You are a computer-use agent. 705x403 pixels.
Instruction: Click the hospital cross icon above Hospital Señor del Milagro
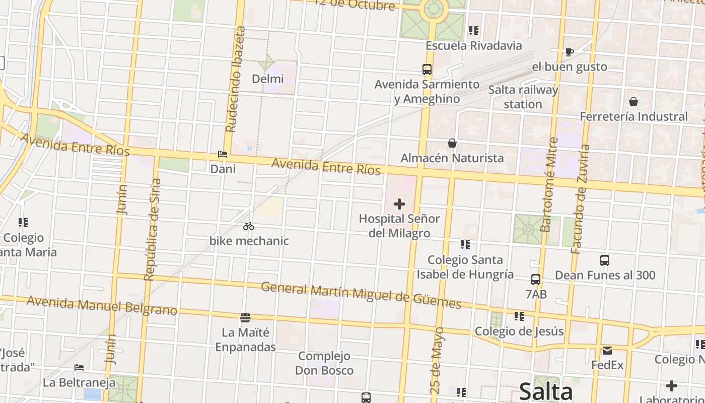(x=399, y=204)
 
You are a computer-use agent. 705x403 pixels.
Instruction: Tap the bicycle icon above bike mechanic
(x=249, y=226)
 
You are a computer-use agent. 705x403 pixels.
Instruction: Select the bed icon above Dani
(x=223, y=154)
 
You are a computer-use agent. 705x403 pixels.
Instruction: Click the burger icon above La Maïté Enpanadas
(x=245, y=317)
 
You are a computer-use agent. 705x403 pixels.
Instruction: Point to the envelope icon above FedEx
(x=607, y=350)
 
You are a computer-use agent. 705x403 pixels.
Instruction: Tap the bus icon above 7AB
(x=536, y=279)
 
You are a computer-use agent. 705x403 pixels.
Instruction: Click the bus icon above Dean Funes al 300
(x=605, y=260)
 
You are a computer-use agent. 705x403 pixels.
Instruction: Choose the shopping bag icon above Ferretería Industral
(x=633, y=102)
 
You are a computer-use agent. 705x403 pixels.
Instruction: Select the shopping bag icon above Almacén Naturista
(x=452, y=143)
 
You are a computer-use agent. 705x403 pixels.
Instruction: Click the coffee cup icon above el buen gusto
(x=569, y=52)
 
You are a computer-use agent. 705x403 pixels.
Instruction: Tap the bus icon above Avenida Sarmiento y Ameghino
(x=427, y=70)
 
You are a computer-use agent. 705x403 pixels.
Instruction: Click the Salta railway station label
(x=523, y=97)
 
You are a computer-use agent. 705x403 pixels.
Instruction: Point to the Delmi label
(x=267, y=79)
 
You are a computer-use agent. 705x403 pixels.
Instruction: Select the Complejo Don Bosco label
(x=324, y=363)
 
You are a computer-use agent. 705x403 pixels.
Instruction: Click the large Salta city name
(x=546, y=391)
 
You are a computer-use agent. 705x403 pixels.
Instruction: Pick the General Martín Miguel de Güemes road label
(x=361, y=295)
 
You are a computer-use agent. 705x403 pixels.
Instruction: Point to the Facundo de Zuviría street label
(x=581, y=199)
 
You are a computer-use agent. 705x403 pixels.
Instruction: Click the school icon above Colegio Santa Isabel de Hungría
(x=465, y=245)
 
